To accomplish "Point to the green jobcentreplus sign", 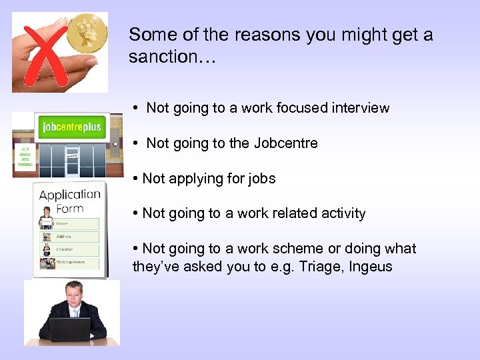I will pyautogui.click(x=71, y=127).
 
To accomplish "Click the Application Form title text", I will pyautogui.click(x=70, y=201).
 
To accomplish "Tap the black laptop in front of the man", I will pyautogui.click(x=69, y=329).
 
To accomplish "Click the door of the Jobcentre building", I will pyautogui.click(x=73, y=160).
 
